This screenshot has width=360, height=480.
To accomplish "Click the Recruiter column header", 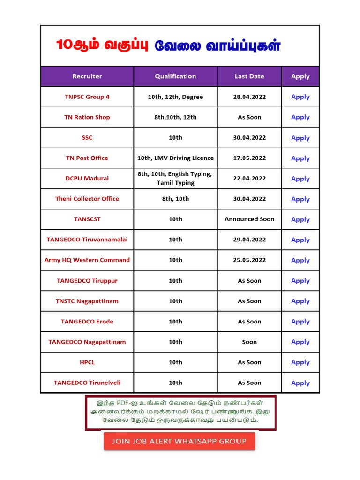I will click(x=87, y=76).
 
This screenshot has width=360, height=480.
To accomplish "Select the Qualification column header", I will click(x=175, y=76).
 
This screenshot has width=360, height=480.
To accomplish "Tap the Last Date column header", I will click(x=249, y=76).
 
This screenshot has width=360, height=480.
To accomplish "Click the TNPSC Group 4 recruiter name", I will click(x=87, y=97).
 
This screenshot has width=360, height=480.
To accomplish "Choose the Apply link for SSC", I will click(x=300, y=138).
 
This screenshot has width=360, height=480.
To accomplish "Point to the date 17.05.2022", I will click(x=249, y=158).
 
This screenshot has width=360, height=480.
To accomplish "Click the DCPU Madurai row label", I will click(x=87, y=179).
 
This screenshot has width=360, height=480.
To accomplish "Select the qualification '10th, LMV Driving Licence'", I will click(x=175, y=158).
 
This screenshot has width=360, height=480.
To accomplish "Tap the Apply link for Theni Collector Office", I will click(x=300, y=199).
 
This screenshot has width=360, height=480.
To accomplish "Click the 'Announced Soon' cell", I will click(x=249, y=219).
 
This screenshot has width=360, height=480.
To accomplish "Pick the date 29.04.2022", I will click(x=249, y=240).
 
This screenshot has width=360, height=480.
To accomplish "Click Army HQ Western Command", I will click(x=87, y=260).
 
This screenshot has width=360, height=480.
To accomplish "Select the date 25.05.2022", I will click(x=249, y=260).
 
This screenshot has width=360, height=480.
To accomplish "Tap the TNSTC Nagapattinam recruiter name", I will click(x=87, y=301).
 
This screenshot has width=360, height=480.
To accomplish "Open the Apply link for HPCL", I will click(x=300, y=362).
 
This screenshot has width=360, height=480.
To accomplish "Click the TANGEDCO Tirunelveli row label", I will click(x=87, y=382).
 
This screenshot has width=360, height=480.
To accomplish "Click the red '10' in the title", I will click(x=63, y=45).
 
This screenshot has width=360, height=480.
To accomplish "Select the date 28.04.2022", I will click(x=249, y=97).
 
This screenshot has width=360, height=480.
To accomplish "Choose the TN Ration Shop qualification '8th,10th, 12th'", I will click(x=175, y=117).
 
